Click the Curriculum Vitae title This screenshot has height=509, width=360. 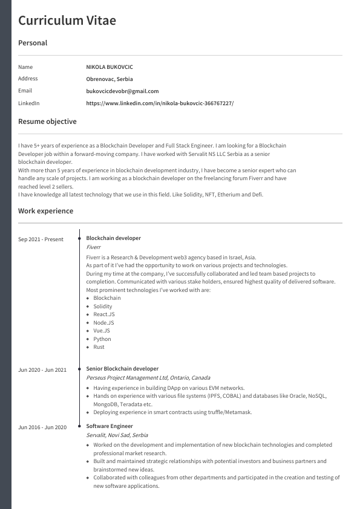coord(67,21)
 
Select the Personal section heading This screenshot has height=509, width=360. coord(33,43)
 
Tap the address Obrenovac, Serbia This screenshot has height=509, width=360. coord(110,79)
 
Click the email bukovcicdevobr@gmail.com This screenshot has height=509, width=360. coord(122,91)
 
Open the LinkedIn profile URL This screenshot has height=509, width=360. coord(160,103)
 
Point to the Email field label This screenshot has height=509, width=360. coord(25,91)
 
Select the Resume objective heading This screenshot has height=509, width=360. coord(47,122)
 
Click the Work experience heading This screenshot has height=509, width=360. coord(45,211)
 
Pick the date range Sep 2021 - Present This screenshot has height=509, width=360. coord(41,239)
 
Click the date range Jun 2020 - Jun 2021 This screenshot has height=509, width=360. coord(42,370)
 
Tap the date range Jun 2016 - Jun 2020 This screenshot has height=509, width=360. coord(42,427)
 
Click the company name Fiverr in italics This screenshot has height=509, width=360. coord(94,247)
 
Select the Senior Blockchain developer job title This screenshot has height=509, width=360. coord(122,369)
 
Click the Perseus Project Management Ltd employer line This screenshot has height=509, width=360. coord(148,378)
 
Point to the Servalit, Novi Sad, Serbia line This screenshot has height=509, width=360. coord(117,435)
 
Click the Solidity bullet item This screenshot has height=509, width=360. coord(103,306)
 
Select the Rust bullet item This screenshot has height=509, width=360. coord(99,347)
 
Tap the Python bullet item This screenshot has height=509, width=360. coord(102,339)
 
